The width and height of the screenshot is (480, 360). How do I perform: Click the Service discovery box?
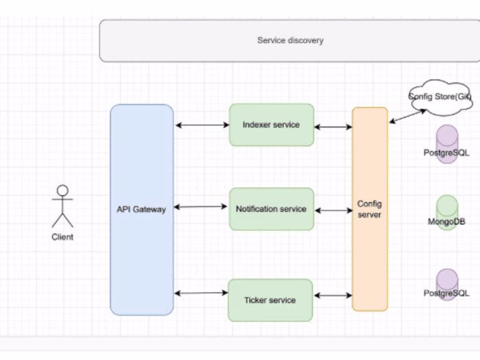point(289,41)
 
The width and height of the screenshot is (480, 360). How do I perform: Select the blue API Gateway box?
point(141,209)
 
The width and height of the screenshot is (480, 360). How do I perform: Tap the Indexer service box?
point(271,125)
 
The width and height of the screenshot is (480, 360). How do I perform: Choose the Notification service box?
point(271,208)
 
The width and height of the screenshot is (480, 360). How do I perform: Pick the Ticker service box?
point(270,300)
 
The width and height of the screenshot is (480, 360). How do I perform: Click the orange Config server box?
point(370,209)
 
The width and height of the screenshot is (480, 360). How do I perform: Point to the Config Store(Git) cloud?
point(440,97)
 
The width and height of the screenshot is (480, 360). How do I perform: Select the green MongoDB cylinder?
point(446,213)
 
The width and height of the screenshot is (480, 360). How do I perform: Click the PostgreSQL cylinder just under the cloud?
point(446,145)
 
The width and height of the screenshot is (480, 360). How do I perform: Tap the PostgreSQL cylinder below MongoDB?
point(446,285)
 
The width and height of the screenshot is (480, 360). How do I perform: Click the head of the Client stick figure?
point(62,190)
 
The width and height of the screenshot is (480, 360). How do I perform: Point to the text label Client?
point(62,237)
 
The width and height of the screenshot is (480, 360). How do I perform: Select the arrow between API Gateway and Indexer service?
point(202,125)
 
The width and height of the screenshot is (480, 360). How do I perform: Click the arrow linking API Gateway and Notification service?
point(202,206)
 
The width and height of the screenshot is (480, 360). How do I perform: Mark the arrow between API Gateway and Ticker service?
point(202,293)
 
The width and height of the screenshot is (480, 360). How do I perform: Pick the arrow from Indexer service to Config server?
point(333,127)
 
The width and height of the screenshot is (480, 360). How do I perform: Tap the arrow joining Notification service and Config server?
point(333,211)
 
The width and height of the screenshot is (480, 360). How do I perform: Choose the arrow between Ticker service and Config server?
point(333,296)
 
